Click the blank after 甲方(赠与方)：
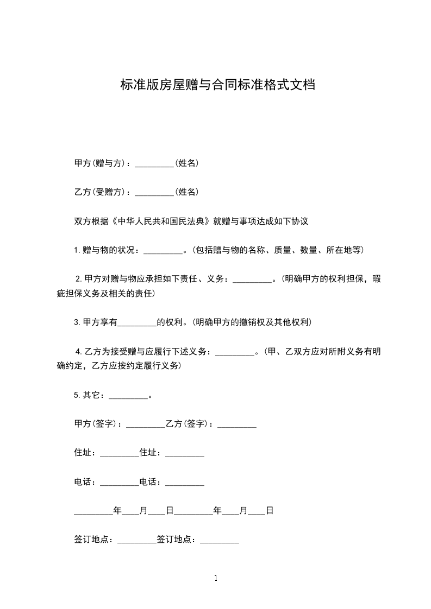(x=154, y=163)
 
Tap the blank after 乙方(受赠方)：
(x=154, y=192)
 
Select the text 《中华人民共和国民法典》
(x=162, y=221)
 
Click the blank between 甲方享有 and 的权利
(x=137, y=322)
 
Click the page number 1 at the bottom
(x=216, y=579)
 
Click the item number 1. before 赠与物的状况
(x=77, y=251)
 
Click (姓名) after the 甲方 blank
(x=186, y=163)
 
